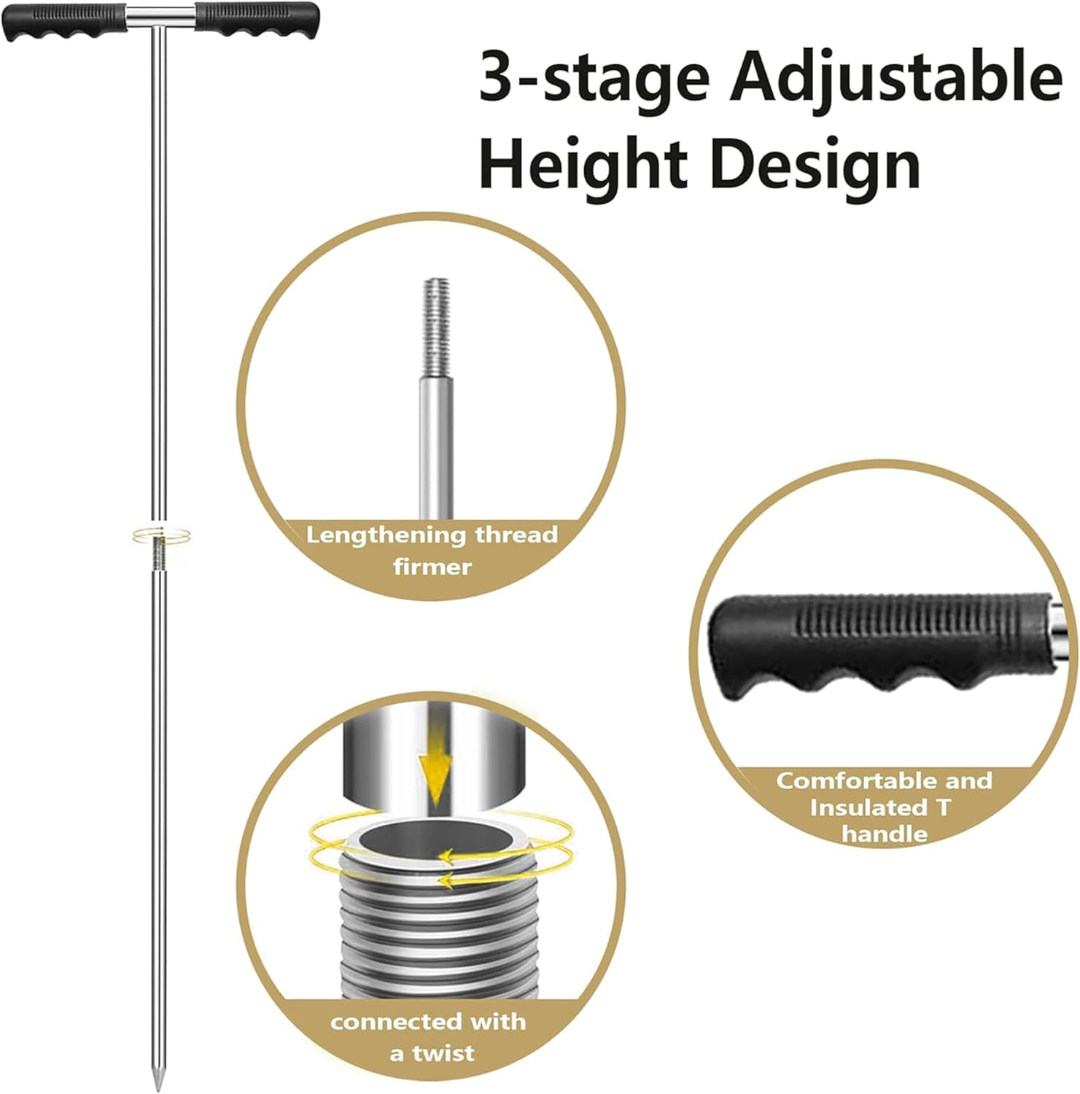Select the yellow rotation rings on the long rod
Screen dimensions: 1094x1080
pyautogui.click(x=162, y=536)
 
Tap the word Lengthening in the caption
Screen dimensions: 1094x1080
pyautogui.click(x=386, y=535)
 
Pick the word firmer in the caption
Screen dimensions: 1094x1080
pyautogui.click(x=432, y=567)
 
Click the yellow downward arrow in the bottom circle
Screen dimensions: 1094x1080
pyautogui.click(x=435, y=773)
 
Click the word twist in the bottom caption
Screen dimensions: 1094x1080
pyautogui.click(x=442, y=1053)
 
